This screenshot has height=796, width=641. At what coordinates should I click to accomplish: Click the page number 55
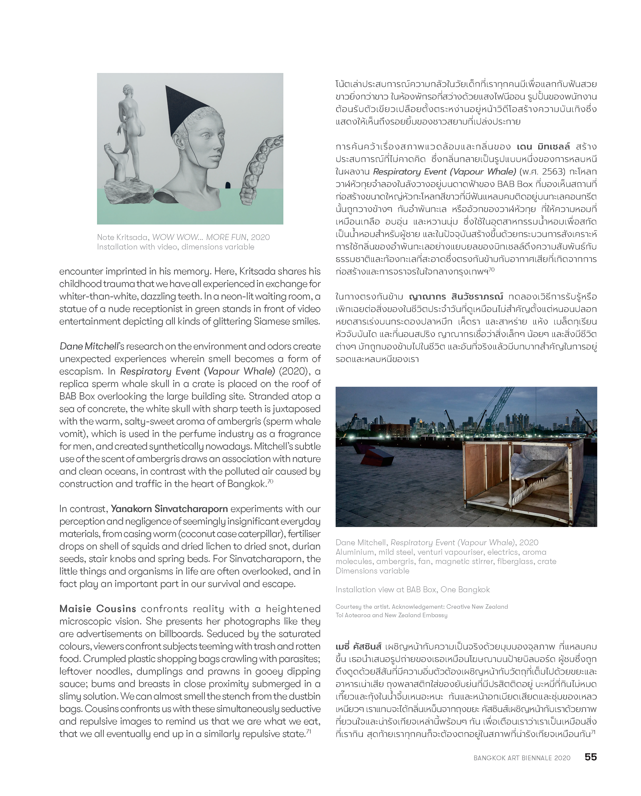tap(590, 757)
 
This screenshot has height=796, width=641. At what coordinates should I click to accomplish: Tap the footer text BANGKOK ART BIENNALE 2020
tap(522, 758)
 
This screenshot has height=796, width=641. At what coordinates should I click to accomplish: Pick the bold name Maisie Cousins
tap(98, 609)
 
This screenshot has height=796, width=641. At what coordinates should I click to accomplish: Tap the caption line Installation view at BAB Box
tap(412, 589)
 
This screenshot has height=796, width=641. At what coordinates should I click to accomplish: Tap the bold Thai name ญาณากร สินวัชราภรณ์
tap(456, 297)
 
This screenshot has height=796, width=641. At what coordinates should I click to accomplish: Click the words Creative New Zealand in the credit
tap(477, 606)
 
